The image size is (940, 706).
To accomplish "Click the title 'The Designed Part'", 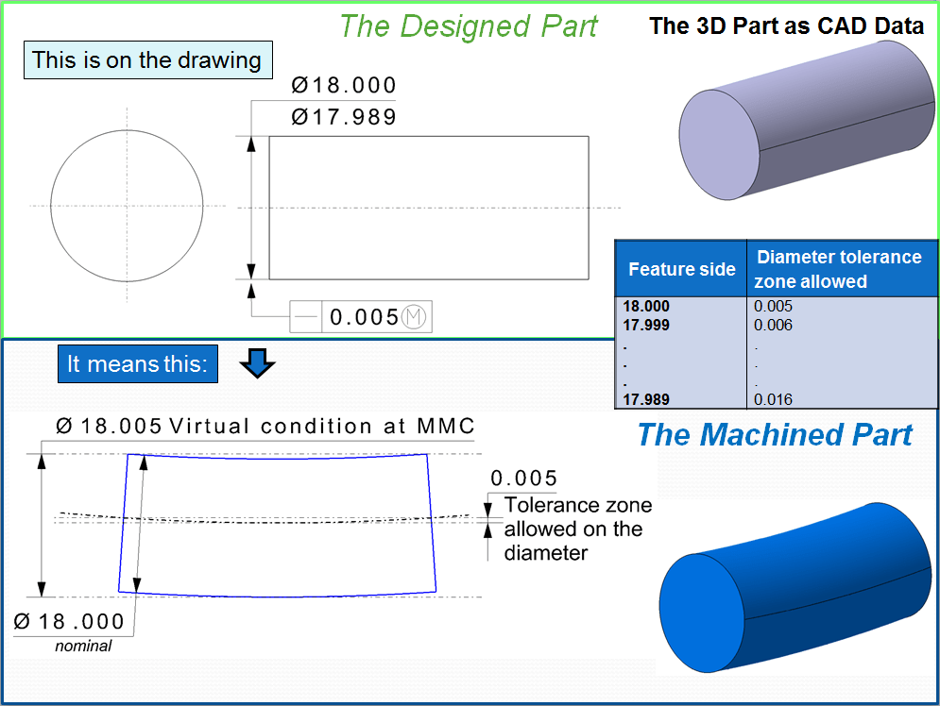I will coord(468,25).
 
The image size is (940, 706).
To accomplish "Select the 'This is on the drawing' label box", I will coord(146,60).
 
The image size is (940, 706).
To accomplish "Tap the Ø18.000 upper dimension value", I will coord(344,86).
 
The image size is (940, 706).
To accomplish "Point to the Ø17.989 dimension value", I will coord(344,117).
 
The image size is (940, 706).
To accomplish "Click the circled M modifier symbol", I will coord(416,318).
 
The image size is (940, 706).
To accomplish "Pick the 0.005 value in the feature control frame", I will coord(364,318).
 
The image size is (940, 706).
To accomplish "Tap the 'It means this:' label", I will coord(137,363).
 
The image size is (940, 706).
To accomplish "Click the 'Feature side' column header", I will coord(681,269).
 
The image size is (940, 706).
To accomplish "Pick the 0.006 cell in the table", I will coord(774,325).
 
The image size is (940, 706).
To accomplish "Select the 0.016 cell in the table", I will coord(774,399).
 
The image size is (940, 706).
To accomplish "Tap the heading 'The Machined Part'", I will coord(775,435).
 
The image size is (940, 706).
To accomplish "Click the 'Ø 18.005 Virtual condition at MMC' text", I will coord(265,426).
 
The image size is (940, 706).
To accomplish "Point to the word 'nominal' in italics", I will coord(83,646).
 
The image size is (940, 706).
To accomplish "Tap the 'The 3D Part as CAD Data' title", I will coord(786,25).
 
